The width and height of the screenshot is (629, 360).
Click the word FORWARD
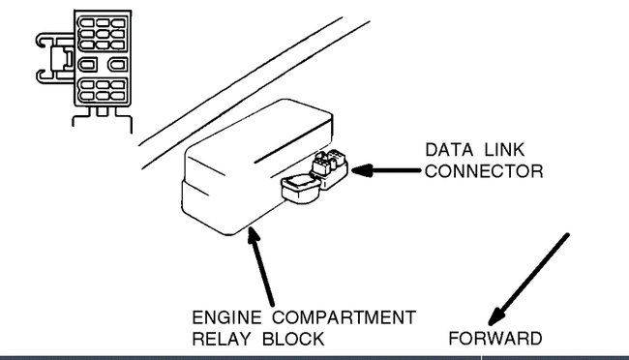pyautogui.click(x=494, y=339)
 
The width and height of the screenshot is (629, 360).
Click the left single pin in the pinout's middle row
pyautogui.click(x=87, y=65)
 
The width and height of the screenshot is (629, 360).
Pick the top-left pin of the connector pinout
pyautogui.click(x=85, y=21)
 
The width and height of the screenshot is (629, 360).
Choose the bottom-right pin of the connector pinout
pyautogui.click(x=117, y=99)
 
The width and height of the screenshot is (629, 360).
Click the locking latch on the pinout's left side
pyautogui.click(x=50, y=59)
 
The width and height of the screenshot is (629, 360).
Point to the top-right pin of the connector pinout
pyautogui.click(x=117, y=21)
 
